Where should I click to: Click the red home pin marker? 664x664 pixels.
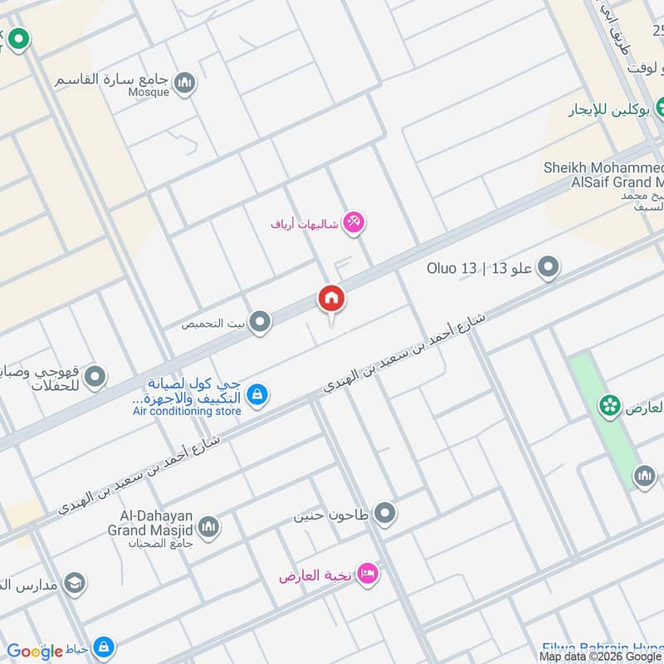pos(331,298)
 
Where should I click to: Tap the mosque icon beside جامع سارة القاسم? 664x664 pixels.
pos(184,82)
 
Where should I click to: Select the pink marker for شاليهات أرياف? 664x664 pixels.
pos(354,222)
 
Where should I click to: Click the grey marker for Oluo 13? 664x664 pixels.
pos(548,267)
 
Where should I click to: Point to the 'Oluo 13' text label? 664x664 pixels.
pos(452,268)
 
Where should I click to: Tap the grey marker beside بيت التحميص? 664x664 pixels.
pos(261,322)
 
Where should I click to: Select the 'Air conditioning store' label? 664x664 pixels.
pos(187,412)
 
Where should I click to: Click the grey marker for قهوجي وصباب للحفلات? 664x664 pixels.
pos(95,378)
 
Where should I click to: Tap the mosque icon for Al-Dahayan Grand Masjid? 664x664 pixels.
pos(208,525)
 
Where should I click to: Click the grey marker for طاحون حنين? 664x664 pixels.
pos(384,515)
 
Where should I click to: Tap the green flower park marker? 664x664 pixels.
pos(611,404)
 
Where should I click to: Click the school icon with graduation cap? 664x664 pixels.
pos(75,582)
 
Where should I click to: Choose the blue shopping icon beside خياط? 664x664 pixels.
pos(103,647)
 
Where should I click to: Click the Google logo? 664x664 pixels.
pos(35,652)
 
